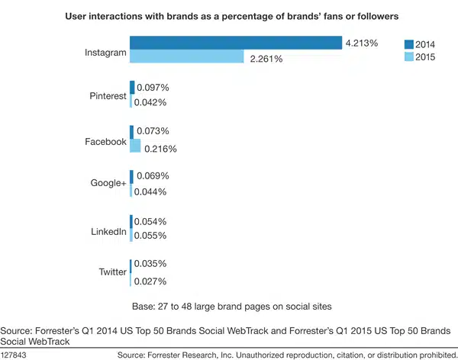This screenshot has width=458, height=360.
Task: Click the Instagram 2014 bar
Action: [x=235, y=43]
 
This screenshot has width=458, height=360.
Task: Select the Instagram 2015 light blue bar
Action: [x=187, y=57]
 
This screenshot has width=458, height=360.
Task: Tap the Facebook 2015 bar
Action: [x=136, y=146]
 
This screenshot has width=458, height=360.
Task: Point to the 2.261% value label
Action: [x=267, y=58]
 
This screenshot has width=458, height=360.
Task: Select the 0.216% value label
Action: [x=160, y=148]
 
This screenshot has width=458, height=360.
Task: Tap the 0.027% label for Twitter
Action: [x=150, y=281]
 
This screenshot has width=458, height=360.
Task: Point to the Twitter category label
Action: [x=112, y=272]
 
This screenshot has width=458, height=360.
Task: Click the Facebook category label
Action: [x=106, y=141]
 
